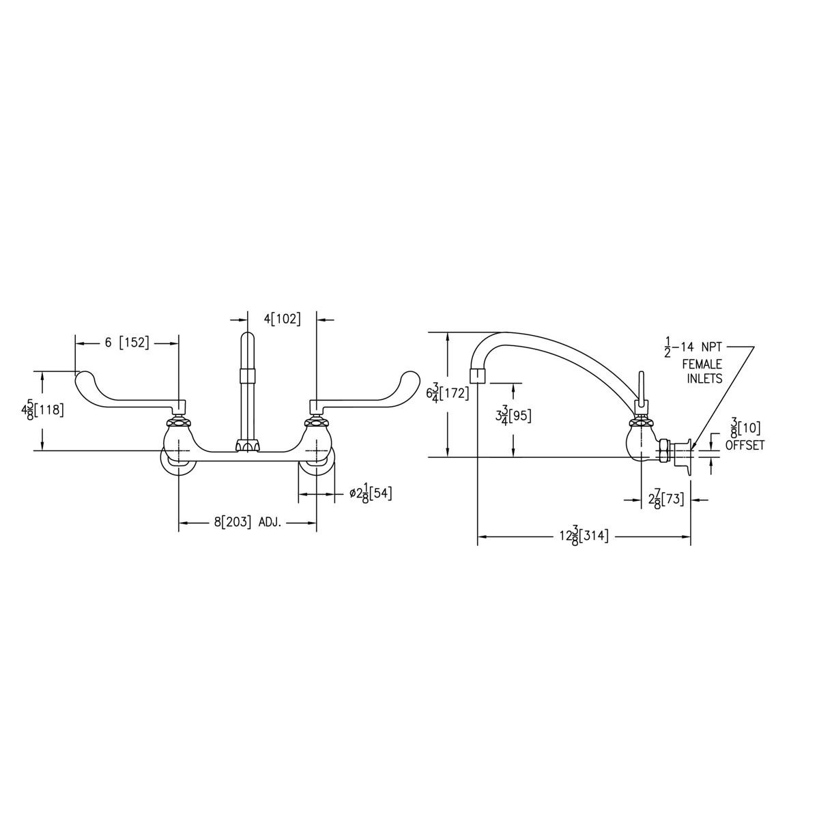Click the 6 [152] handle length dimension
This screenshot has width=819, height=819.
[x=126, y=343]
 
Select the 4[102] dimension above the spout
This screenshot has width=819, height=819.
[x=283, y=319]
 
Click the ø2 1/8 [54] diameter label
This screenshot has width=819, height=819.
[x=371, y=493]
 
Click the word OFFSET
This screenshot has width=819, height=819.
[x=745, y=445]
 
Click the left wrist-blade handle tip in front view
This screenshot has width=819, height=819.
[x=83, y=377]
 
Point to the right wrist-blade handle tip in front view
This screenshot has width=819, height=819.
[x=412, y=377]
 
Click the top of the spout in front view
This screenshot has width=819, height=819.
[x=247, y=336]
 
